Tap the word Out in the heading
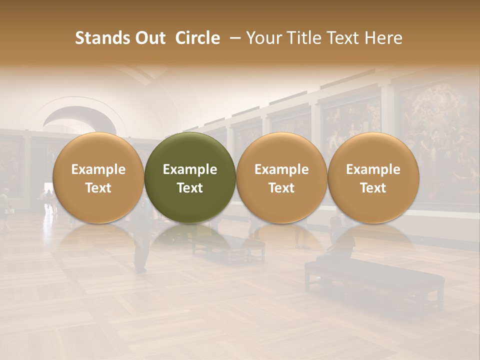pos(149,38)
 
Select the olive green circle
pos(190,178)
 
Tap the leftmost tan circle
pos(98,178)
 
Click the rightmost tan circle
pos(373,178)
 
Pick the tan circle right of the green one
pos(281,178)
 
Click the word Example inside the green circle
pos(190,169)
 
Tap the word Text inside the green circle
pos(190,188)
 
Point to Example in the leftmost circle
pos(98,169)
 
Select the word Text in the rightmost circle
pos(373,188)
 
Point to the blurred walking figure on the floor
pos(142,245)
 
